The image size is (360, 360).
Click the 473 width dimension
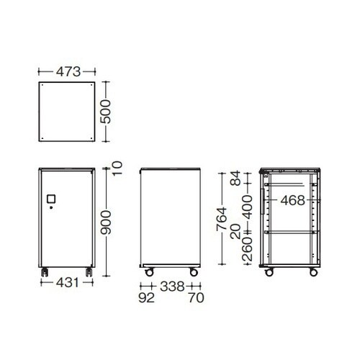(x=68, y=72)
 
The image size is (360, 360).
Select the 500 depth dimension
(x=106, y=112)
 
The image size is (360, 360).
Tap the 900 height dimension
(x=106, y=222)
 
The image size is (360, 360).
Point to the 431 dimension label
(x=68, y=283)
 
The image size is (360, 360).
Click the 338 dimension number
(x=172, y=287)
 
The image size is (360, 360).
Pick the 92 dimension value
(x=147, y=298)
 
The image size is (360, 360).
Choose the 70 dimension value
(x=196, y=298)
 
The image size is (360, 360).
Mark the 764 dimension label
(x=221, y=219)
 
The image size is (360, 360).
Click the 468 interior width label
(x=292, y=200)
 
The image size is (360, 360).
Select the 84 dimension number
(x=235, y=178)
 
